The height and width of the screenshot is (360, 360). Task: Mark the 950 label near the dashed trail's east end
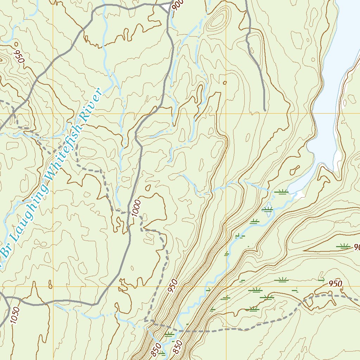(x=335, y=283)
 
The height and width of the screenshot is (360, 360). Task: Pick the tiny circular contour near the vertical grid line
(x=225, y=83)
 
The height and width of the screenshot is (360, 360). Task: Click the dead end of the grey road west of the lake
(x=264, y=109)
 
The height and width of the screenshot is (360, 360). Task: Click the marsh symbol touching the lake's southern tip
(x=281, y=192)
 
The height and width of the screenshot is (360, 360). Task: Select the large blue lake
(x=334, y=88)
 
